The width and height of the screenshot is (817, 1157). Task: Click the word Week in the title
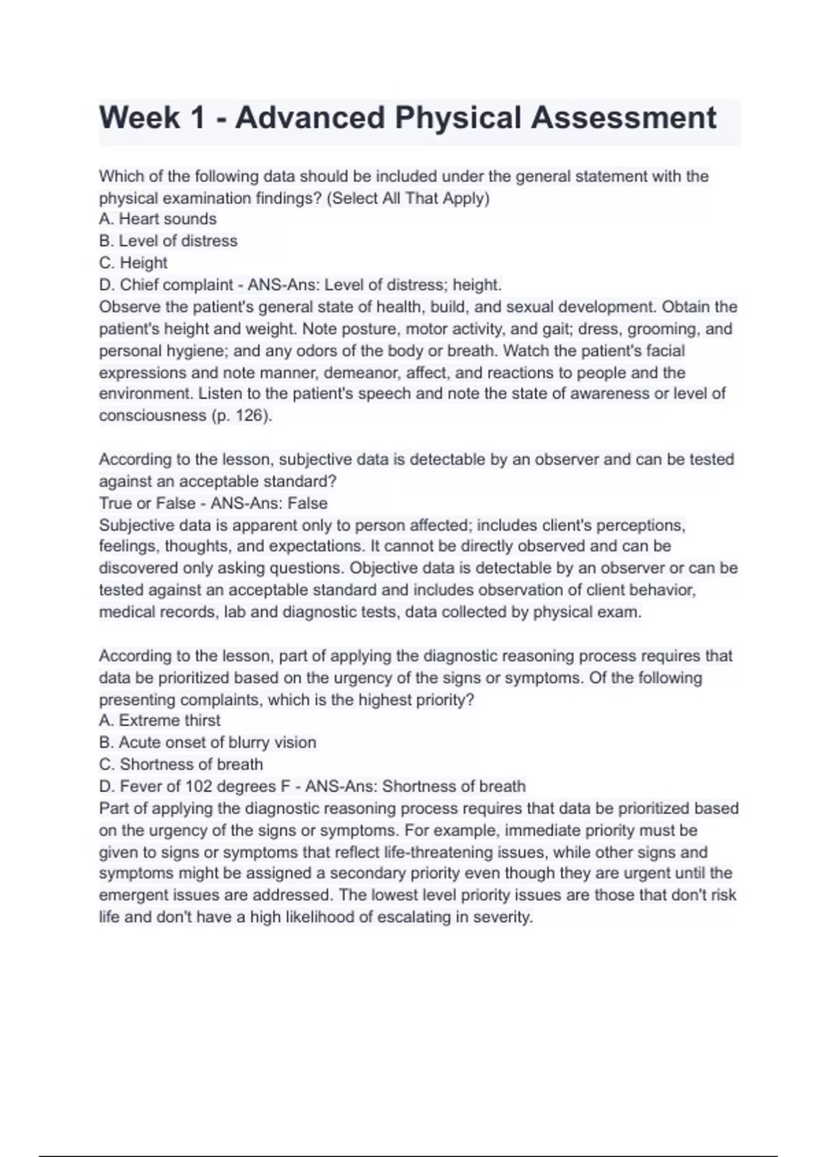coord(139,118)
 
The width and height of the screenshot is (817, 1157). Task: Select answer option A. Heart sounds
coord(158,219)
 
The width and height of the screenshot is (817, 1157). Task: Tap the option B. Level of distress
coord(168,241)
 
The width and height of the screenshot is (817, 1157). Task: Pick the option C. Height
coord(133,263)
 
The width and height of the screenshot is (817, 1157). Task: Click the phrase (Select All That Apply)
coord(408,198)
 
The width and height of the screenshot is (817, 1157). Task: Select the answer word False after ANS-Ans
coord(307,504)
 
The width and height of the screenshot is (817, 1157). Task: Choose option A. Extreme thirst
coord(160,721)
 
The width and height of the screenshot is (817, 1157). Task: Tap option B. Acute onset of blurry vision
coord(208,743)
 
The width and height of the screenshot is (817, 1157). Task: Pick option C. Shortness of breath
coord(181,764)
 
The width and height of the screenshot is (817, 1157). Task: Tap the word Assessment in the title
coord(623,118)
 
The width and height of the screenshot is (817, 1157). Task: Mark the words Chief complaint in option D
coord(176,284)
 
